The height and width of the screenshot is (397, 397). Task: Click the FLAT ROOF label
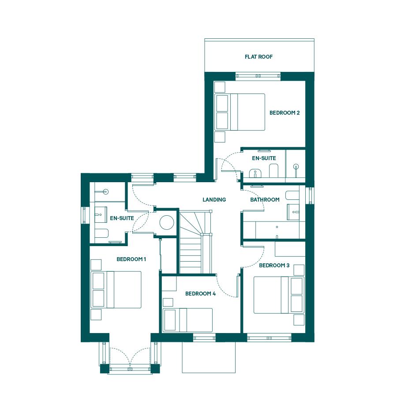pos(258,57)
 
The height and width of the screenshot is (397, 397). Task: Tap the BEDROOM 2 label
pos(285,112)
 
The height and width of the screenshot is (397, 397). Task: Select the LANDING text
pos(214,199)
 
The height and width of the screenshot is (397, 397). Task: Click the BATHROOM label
pos(265,199)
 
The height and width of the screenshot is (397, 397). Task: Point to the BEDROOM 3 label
pos(274,266)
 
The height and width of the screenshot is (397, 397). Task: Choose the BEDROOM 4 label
pos(200,294)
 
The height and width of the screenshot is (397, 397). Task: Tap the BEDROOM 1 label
pos(131,259)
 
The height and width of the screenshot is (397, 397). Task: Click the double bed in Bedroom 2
pos(240,112)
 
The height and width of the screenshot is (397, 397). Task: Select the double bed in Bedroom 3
pos(279,295)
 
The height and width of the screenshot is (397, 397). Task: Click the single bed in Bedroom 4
pos(187,320)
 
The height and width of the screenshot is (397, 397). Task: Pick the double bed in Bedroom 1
pos(116,290)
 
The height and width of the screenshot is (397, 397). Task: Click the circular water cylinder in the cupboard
pos(167,223)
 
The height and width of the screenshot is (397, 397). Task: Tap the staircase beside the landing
pos(195,243)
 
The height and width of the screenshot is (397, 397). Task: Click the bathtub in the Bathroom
pos(280,230)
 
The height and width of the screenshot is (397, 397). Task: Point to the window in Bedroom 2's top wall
pos(258,76)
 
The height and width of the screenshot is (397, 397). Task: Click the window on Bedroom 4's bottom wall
pos(204,337)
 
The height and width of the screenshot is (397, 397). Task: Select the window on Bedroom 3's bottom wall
pos(269,337)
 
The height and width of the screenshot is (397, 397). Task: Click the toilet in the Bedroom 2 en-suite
pos(273,170)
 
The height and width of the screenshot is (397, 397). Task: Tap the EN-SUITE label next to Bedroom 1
pos(122,218)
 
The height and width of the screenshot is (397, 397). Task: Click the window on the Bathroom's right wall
pos(310,196)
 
